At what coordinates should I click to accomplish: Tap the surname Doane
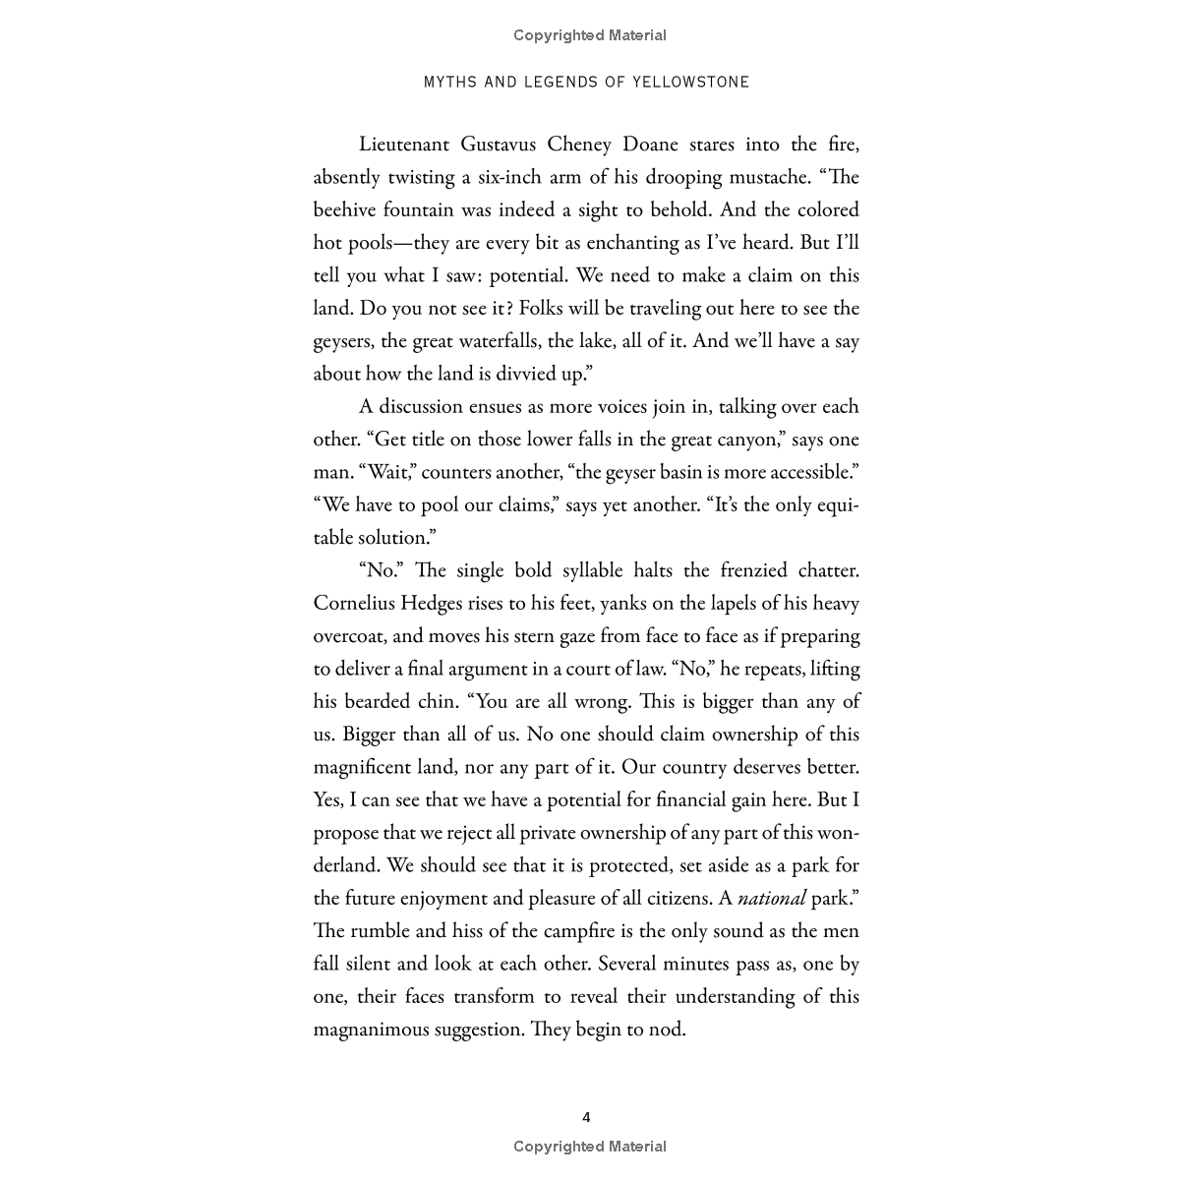pos(650,145)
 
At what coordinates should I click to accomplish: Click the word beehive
pos(345,210)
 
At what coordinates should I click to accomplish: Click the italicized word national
pos(771,898)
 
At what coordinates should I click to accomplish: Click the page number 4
pos(587,1117)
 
